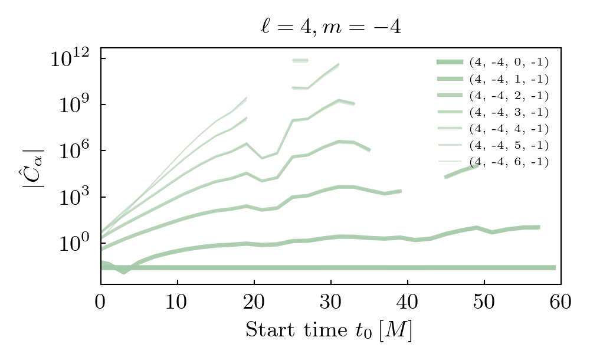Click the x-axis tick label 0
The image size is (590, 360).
pyautogui.click(x=100, y=302)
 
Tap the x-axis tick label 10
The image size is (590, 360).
pyautogui.click(x=177, y=302)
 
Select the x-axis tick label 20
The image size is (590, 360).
pyautogui.click(x=254, y=302)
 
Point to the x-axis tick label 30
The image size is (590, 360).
pyautogui.click(x=330, y=302)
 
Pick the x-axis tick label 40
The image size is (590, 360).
pyautogui.click(x=407, y=302)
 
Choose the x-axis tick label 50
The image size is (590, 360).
pyautogui.click(x=484, y=302)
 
